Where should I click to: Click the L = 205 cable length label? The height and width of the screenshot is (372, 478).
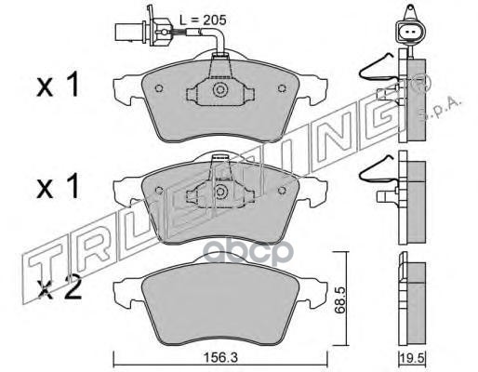203,20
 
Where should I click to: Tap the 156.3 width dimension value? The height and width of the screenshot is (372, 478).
220,358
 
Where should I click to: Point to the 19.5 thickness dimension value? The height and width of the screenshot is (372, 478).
412,358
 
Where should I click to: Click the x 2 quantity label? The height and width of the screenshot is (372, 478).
59,290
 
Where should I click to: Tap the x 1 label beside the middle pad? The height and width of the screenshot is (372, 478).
58,187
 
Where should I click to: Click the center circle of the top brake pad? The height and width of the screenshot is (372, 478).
220,90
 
